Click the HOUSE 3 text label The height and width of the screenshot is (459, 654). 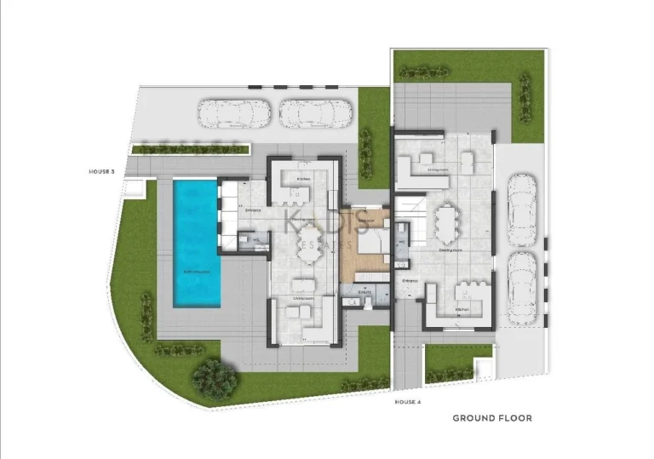coord(101,172)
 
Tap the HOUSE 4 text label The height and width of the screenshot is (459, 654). coord(408,401)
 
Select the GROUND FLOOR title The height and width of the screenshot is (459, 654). coord(492,418)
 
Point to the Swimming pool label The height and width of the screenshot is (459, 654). coord(197,271)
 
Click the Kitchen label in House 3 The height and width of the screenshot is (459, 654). coord(302,179)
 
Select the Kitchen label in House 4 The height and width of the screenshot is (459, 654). coord(462,309)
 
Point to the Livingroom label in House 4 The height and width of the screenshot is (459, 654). coord(438,169)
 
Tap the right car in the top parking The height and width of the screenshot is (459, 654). coord(314,112)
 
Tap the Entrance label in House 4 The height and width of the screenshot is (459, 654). coord(410,278)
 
